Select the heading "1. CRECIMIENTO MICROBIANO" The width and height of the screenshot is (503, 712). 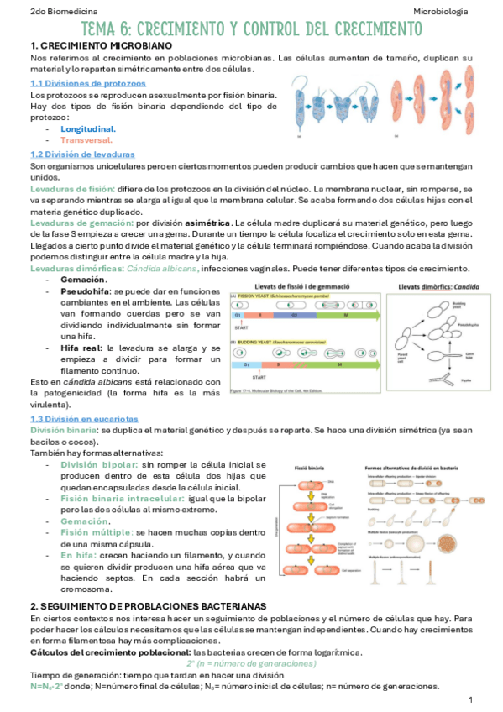coord(101,44)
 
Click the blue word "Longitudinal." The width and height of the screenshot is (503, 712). coord(88,129)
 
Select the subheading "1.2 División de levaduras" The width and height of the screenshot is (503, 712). coord(82,154)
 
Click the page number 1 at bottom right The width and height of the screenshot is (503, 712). coord(471,699)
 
